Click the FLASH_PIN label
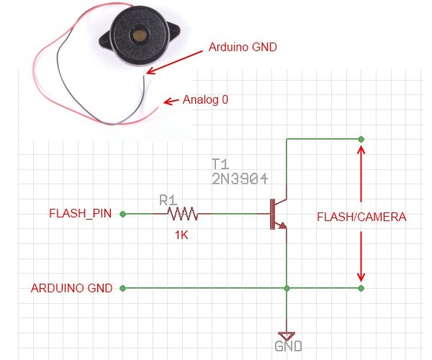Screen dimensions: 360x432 [x=80, y=214]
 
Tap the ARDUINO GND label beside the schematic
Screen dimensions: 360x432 [x=72, y=288]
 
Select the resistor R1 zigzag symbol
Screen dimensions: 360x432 [x=182, y=214]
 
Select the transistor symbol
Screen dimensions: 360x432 [x=277, y=214]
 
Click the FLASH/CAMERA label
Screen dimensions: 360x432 [x=361, y=217]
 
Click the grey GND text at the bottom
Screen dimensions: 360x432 [x=288, y=347]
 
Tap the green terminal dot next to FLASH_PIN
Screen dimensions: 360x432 [x=123, y=214]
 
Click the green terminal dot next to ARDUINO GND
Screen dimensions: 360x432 [x=123, y=288]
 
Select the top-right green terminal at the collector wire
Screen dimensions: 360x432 [x=361, y=138]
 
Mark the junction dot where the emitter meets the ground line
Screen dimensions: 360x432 [x=287, y=288]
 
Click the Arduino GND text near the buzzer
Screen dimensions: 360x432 [x=243, y=47]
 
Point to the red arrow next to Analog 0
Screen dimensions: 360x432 [x=173, y=102]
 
